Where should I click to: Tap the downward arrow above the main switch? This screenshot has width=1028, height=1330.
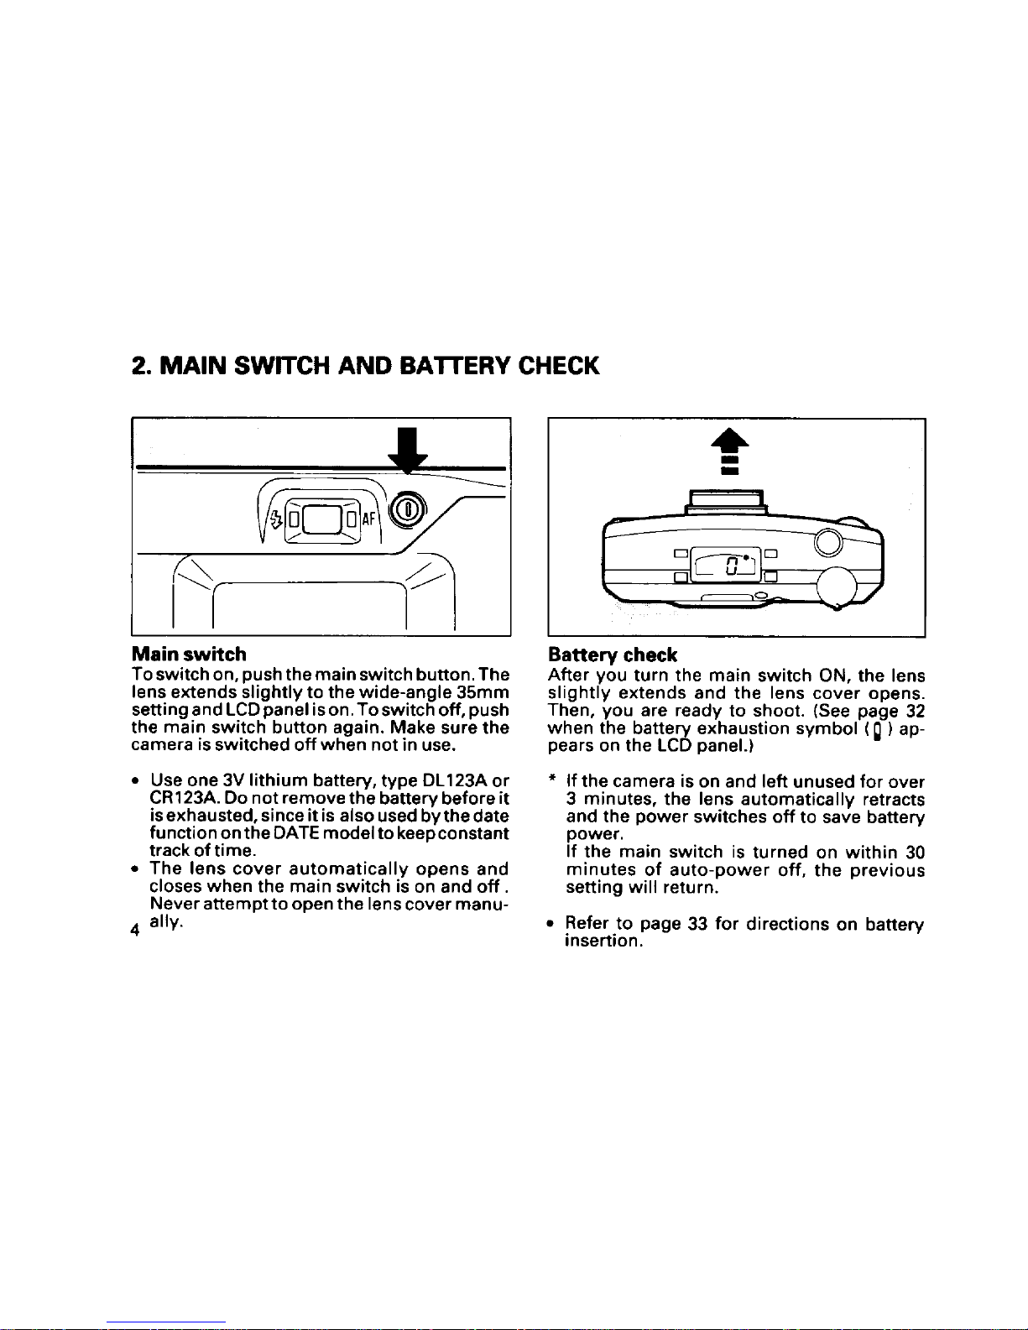pyautogui.click(x=408, y=451)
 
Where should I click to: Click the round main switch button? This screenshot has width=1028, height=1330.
pyautogui.click(x=408, y=509)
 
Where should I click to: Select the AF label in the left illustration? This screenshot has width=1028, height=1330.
pyautogui.click(x=368, y=519)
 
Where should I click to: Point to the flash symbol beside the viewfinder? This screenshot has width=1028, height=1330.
pyautogui.click(x=276, y=519)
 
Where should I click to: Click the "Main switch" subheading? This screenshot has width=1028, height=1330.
pyautogui.click(x=189, y=655)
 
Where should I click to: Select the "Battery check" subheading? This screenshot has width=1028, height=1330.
pyautogui.click(x=613, y=655)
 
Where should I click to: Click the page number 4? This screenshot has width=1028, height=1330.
pyautogui.click(x=135, y=931)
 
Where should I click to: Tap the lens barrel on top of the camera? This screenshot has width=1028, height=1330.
pyautogui.click(x=727, y=502)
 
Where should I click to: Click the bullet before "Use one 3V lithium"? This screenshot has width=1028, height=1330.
pyautogui.click(x=134, y=781)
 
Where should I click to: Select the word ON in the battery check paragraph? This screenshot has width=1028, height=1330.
pyautogui.click(x=832, y=675)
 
